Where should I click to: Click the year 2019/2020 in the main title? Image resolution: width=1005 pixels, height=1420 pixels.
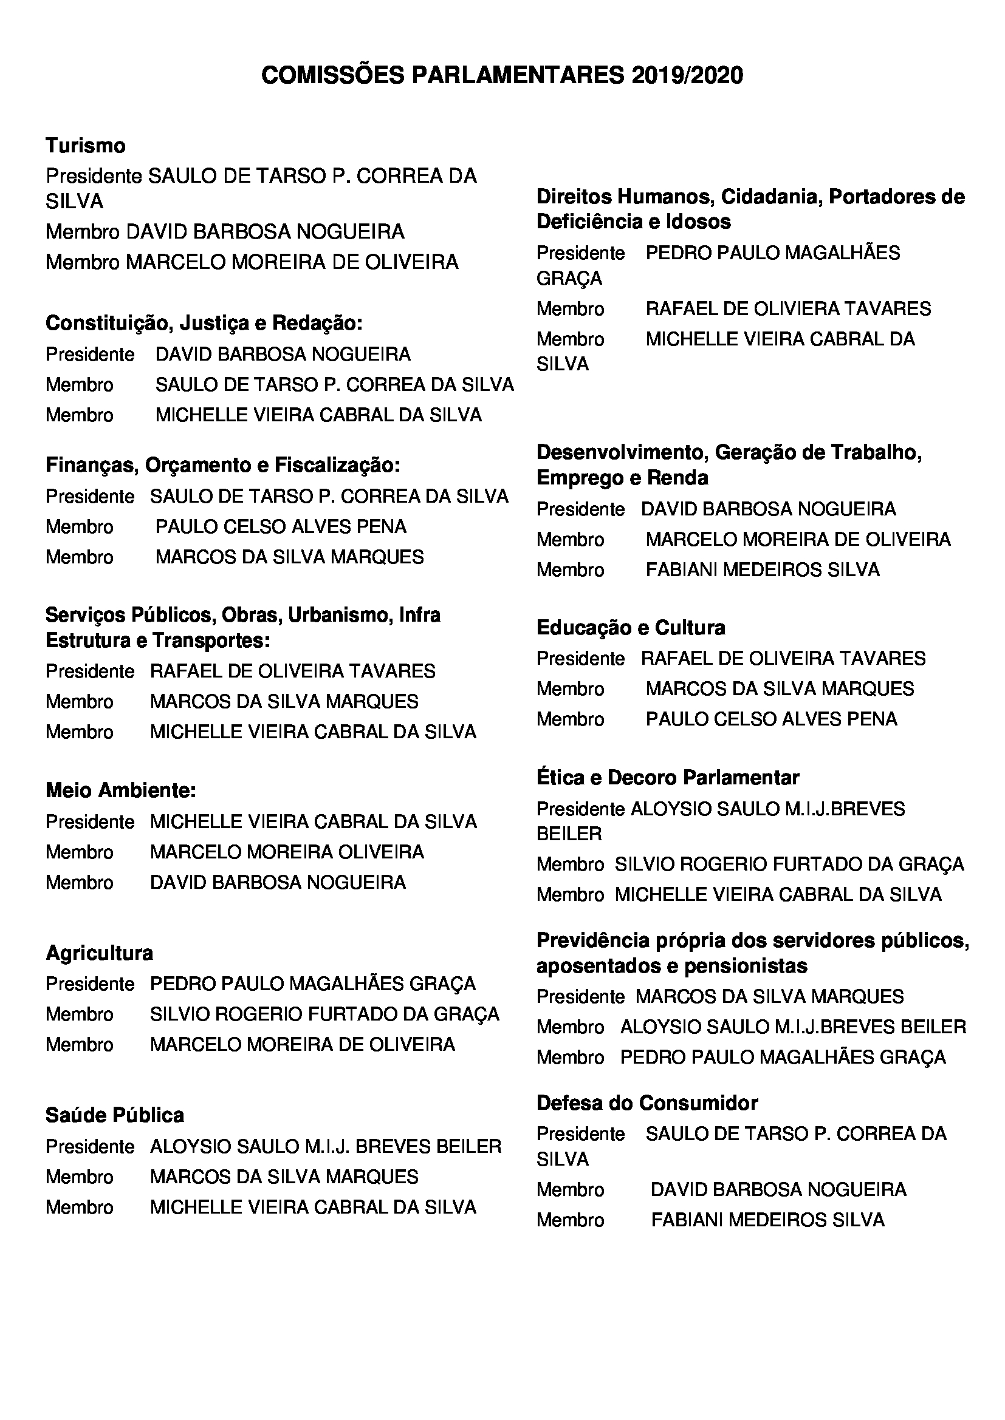click(687, 75)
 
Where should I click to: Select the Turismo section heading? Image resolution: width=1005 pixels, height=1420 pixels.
click(86, 146)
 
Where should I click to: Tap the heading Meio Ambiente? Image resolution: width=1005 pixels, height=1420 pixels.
click(121, 790)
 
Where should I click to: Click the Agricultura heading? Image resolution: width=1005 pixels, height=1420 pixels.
click(99, 953)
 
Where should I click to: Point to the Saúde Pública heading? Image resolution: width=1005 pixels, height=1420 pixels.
click(114, 1115)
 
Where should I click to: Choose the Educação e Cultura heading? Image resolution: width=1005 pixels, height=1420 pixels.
click(631, 628)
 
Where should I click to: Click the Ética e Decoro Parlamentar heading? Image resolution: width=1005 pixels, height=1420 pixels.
click(668, 778)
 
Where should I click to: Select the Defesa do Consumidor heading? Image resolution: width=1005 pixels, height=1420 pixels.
click(647, 1102)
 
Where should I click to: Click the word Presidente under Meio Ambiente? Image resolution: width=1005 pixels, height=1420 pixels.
click(90, 822)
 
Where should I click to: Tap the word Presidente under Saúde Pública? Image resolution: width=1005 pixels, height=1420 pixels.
click(90, 1147)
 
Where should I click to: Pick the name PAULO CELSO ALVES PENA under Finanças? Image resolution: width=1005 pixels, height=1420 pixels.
click(280, 527)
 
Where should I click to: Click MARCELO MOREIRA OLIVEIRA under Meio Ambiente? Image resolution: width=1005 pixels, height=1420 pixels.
click(287, 852)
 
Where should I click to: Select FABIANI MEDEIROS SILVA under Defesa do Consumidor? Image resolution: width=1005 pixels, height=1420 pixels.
click(767, 1220)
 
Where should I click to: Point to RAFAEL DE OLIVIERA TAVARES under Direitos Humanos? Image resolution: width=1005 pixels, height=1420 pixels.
click(788, 308)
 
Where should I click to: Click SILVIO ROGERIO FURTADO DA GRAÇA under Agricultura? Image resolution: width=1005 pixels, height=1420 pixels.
click(324, 1014)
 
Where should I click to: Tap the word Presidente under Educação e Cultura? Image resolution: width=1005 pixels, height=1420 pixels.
click(580, 659)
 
